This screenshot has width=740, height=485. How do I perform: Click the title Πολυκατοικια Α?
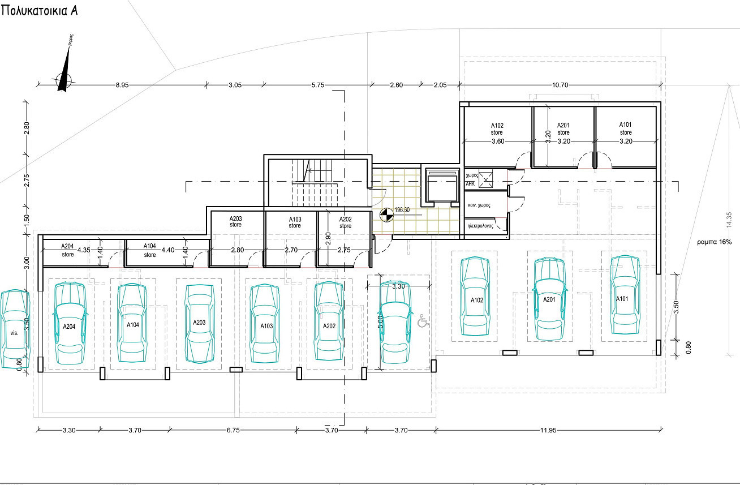click(x=40, y=12)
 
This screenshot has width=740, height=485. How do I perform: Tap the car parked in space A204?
click(x=70, y=322)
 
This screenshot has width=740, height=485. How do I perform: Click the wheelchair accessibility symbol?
click(x=421, y=321)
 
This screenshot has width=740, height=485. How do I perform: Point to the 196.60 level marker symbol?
click(x=386, y=215)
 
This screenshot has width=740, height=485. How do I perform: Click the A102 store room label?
click(x=497, y=129)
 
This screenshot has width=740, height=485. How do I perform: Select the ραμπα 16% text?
click(x=715, y=242)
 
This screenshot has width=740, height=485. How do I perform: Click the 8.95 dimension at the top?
click(x=122, y=85)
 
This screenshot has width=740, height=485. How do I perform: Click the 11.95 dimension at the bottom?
click(x=548, y=431)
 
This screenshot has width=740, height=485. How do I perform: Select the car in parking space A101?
click(x=622, y=295)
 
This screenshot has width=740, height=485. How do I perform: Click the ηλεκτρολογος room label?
click(x=480, y=225)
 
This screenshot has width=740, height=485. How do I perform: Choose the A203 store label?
click(x=236, y=222)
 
